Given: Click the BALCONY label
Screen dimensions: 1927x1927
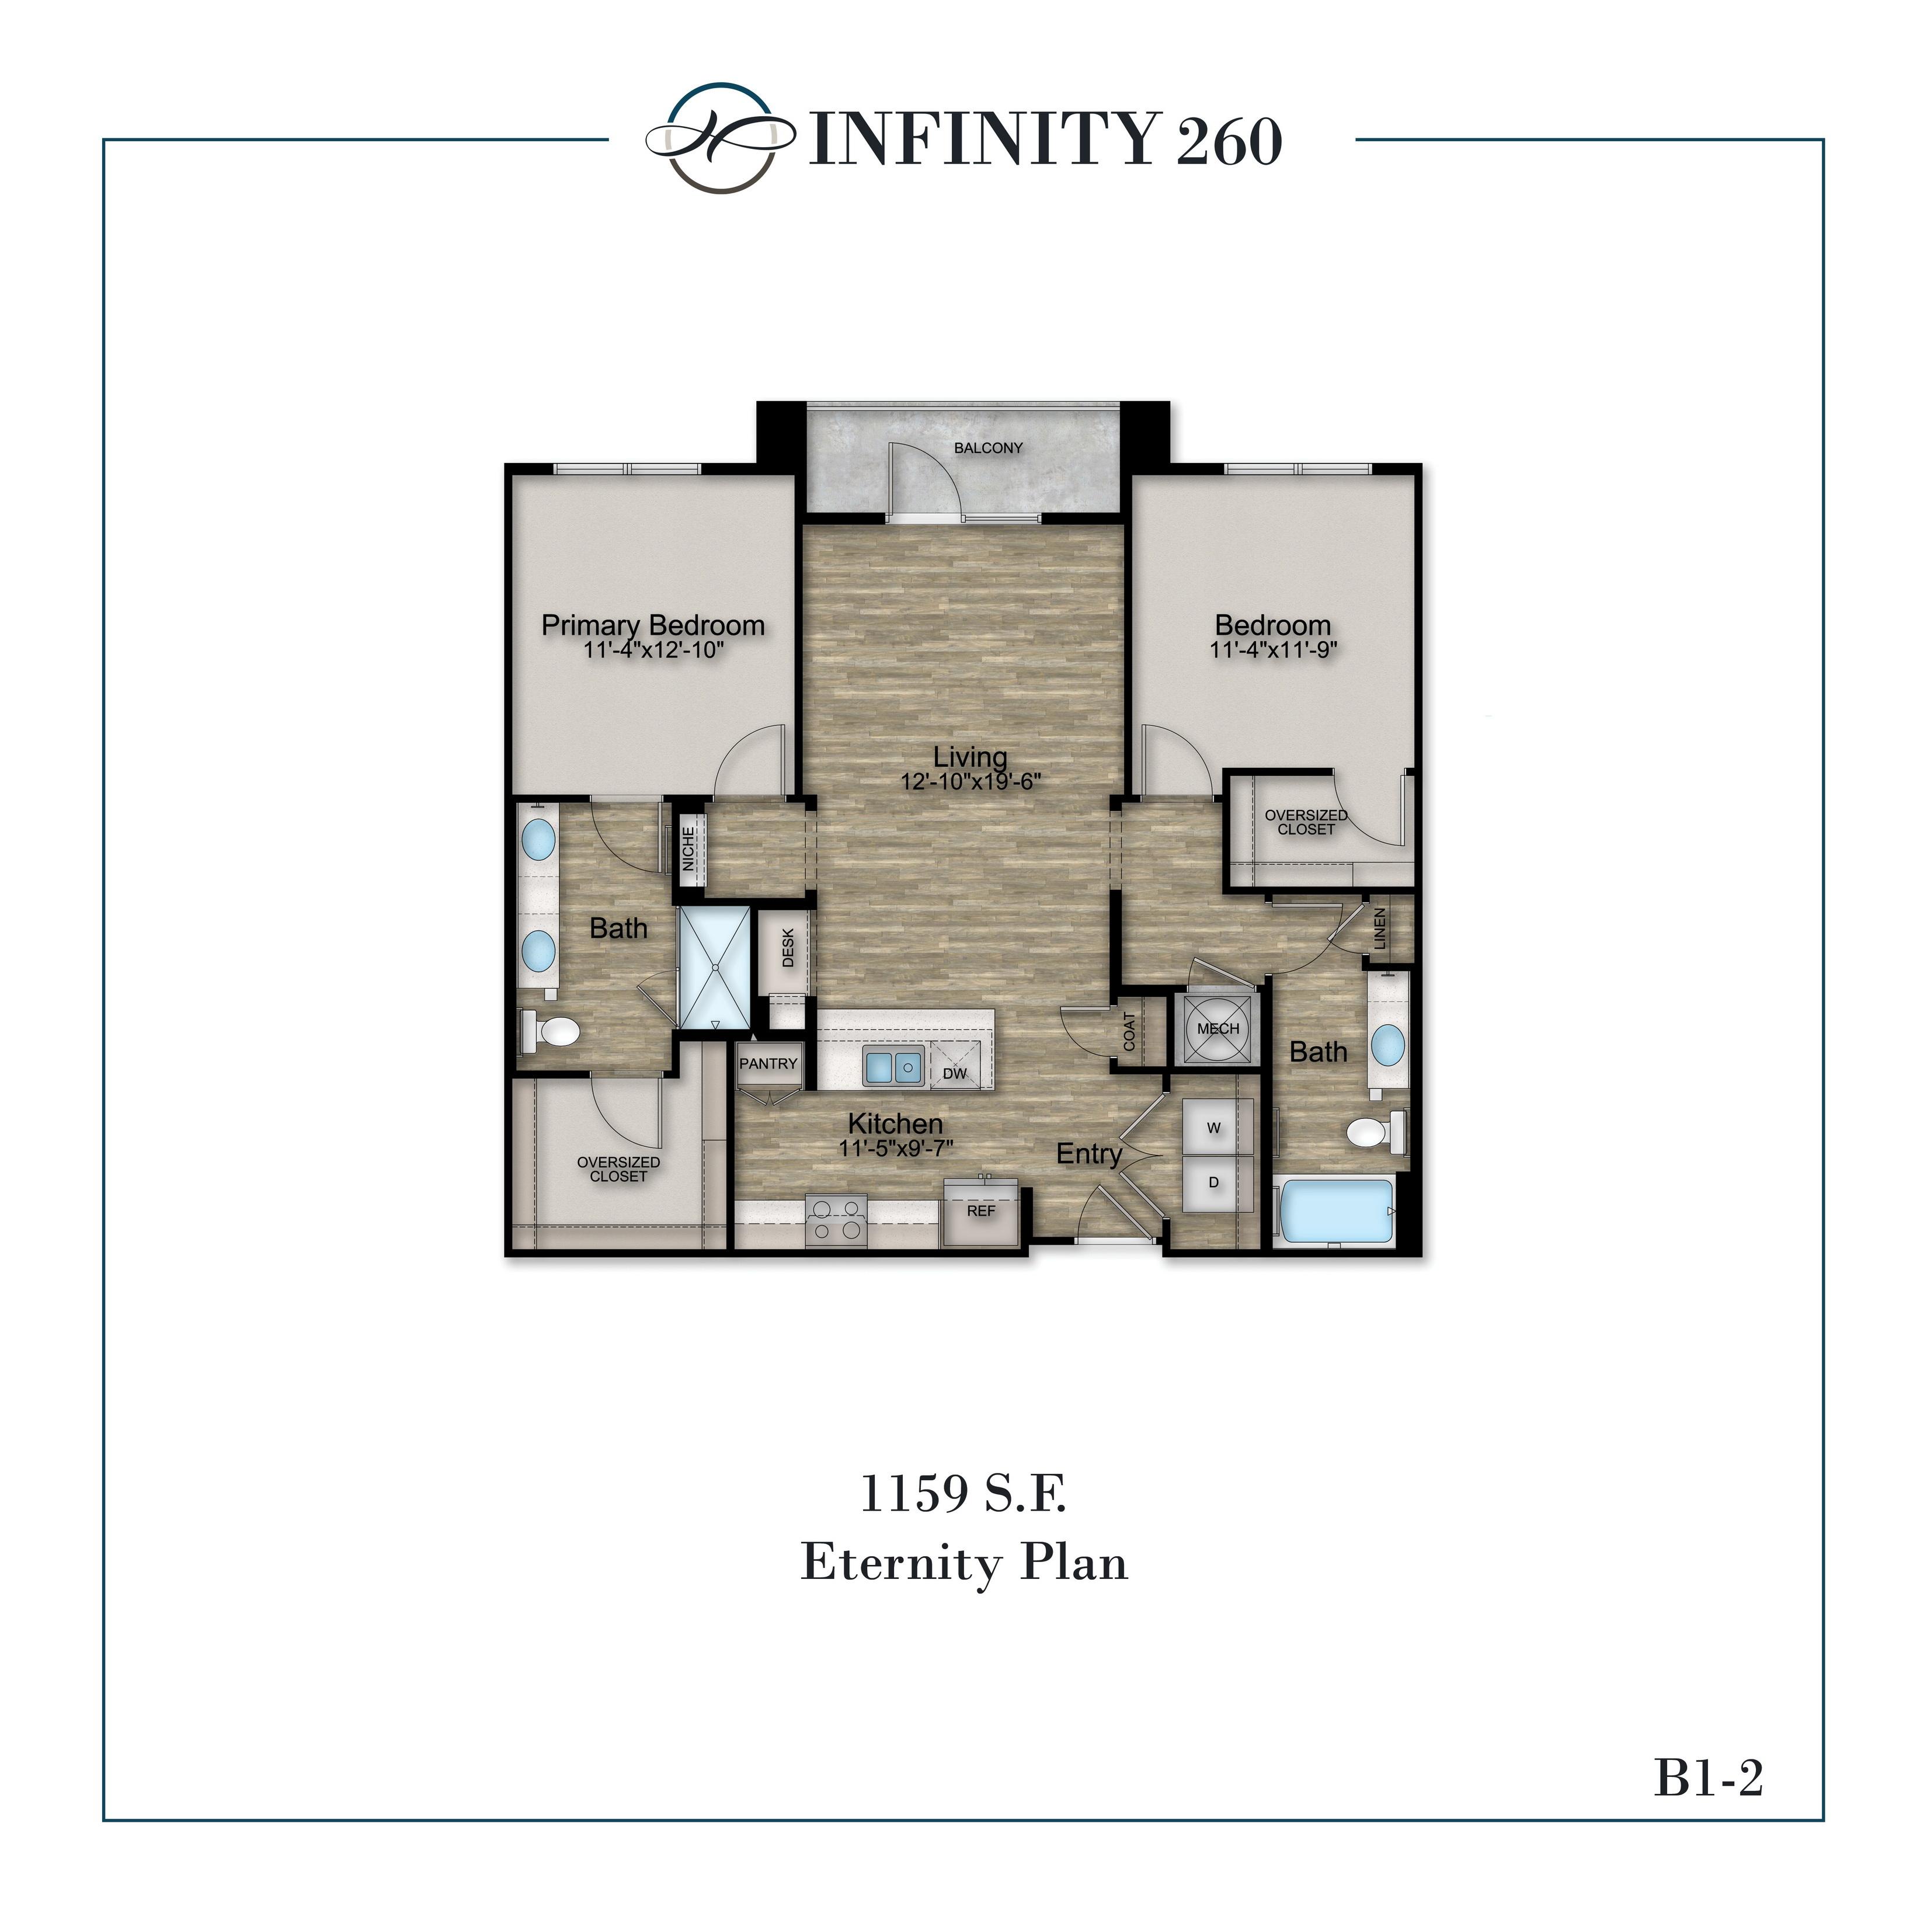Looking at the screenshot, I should pos(987,448).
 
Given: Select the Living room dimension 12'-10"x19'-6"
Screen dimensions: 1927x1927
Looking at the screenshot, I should pos(971,782).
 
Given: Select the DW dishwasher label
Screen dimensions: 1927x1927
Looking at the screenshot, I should pos(955,1073).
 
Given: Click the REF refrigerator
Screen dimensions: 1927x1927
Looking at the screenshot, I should pos(982,1212).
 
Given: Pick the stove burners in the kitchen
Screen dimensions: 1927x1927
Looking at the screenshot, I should pos(836,1220).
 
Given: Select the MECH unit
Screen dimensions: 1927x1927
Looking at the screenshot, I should pos(1218,1028).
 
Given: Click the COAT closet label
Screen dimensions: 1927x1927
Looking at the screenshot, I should pos(1129,1032).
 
